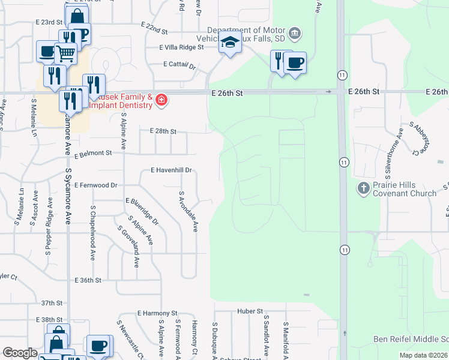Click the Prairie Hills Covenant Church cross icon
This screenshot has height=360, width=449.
363,188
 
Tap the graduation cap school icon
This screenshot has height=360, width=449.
229,43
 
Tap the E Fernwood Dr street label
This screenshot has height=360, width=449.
96,185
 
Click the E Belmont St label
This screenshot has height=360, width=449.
93,154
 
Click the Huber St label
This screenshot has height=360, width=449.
250,311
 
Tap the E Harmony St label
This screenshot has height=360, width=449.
157,313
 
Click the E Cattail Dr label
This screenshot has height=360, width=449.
179,65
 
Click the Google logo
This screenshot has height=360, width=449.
20,353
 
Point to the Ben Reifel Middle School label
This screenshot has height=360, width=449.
411,340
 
